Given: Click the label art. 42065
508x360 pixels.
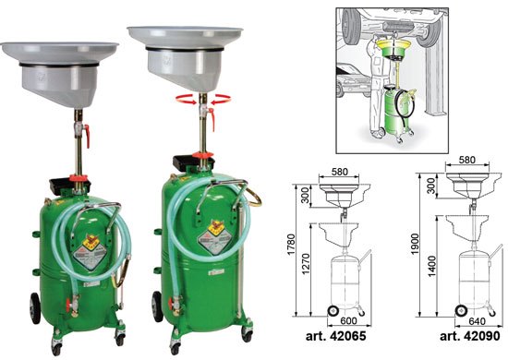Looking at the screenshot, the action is point(335,336).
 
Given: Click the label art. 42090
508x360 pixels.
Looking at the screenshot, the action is point(470,336).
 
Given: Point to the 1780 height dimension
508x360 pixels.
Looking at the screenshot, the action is point(292,245).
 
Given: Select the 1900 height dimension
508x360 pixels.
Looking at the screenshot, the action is point(416,244).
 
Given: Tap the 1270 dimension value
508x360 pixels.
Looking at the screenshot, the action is point(306,264).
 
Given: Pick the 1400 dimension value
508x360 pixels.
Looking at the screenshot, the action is point(431,266).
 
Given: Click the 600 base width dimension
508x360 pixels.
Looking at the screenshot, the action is point(348,321).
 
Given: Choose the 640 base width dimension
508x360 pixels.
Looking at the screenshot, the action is point(477,321).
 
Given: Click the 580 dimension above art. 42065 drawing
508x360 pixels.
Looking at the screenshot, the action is point(339,172).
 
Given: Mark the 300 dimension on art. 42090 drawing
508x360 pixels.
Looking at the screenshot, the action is point(431,186).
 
